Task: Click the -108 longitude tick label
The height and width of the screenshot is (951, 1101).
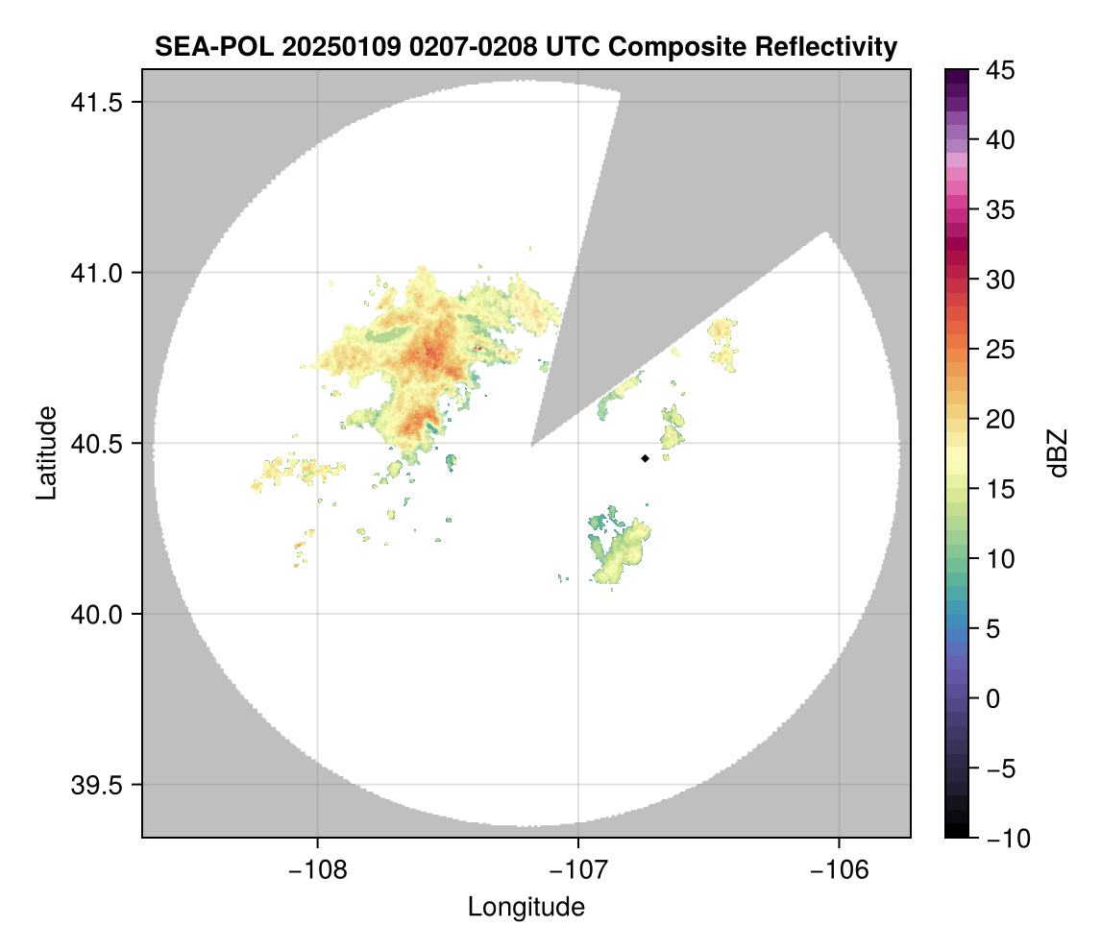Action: (316, 869)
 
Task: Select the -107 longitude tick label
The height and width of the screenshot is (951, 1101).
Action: (577, 869)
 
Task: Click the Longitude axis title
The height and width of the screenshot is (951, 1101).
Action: (526, 906)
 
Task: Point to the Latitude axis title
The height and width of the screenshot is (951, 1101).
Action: (46, 452)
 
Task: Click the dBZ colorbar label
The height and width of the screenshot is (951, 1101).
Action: (1058, 452)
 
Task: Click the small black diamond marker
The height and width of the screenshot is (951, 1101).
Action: (645, 458)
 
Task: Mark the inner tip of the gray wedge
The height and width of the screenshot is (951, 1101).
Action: (532, 446)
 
